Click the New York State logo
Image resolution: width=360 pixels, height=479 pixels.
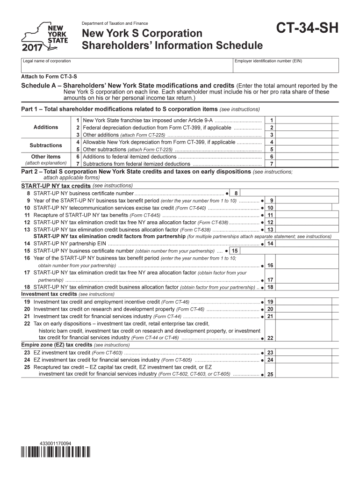click(45, 37)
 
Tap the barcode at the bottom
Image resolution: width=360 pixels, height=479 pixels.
click(56, 452)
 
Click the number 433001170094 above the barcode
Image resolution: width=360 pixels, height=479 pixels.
click(56, 443)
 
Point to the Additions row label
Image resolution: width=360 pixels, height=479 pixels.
click(46, 127)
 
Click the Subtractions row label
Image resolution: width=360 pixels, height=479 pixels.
click(46, 145)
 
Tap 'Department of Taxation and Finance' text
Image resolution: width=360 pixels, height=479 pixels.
click(115, 23)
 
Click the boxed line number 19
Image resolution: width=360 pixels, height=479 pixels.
click(270, 302)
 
